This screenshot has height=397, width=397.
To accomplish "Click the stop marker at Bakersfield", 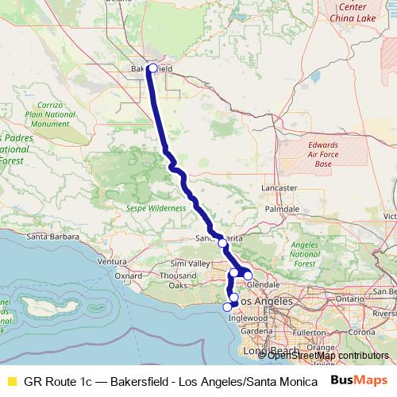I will click(152, 68).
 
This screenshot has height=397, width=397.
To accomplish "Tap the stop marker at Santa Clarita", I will click(222, 243).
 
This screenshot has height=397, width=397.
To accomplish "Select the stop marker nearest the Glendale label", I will click(248, 276).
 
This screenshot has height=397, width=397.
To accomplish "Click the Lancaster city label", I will click(279, 188).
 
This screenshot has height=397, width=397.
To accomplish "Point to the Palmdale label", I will click(282, 209).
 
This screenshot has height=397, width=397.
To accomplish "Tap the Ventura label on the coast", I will click(111, 261).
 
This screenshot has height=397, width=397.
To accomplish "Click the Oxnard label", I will click(128, 276).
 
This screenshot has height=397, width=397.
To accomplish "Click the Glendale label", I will click(263, 284).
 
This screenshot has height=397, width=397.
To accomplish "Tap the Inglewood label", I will click(243, 318).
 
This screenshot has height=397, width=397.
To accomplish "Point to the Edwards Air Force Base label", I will click(323, 154).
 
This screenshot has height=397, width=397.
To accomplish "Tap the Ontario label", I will click(349, 298).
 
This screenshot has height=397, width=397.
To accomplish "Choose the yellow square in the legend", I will click(11, 380).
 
